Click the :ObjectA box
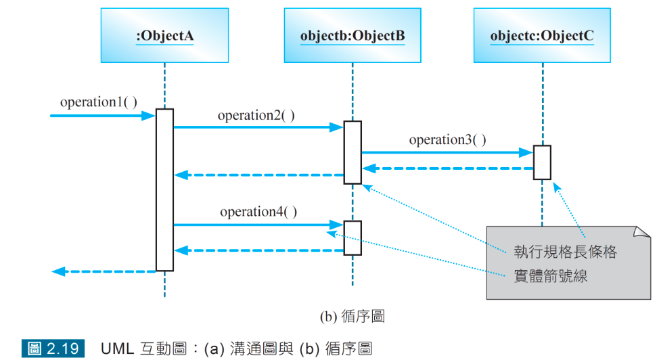coord(164,35)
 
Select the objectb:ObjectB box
coord(353,35)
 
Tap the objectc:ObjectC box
coord(542,35)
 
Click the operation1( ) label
coord(99,102)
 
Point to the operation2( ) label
coord(256,115)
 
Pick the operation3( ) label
coord(447,140)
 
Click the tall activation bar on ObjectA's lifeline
coord(164,189)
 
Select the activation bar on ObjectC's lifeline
coord(542,162)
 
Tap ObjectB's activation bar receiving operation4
coord(353,238)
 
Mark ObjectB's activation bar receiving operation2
coord(353,152)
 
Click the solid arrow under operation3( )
coord(447,153)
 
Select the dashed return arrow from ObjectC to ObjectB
coord(447,168)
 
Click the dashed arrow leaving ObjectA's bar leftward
coord(104,271)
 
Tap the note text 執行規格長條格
coord(565,252)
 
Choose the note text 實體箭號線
coord(550,276)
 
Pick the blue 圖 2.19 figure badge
coord(54,349)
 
